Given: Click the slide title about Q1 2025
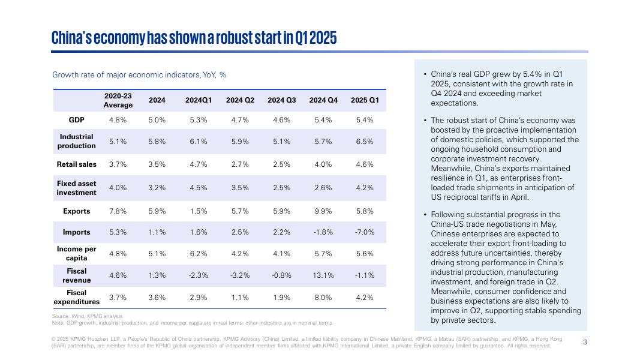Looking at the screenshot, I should (194, 38).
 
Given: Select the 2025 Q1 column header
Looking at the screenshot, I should (365, 100).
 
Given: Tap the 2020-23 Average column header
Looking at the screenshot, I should (118, 100).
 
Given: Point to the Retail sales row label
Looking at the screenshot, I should (77, 164).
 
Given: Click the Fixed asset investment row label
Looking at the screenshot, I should (77, 188).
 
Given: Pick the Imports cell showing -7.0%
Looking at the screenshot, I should (365, 232).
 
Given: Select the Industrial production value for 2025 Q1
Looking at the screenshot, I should (365, 142).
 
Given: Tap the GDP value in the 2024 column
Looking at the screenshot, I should (157, 120).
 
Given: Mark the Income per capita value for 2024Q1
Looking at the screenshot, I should (199, 254).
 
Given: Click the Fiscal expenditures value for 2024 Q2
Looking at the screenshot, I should (240, 298).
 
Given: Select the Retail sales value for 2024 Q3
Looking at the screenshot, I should (282, 164).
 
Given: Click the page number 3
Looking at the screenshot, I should (585, 342).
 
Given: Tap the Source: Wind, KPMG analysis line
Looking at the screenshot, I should (87, 316).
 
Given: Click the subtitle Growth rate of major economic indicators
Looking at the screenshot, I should (139, 75).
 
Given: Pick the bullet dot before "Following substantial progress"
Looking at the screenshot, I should (425, 215).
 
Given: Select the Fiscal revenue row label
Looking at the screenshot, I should (77, 275).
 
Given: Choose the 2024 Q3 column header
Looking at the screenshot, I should (282, 100).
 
